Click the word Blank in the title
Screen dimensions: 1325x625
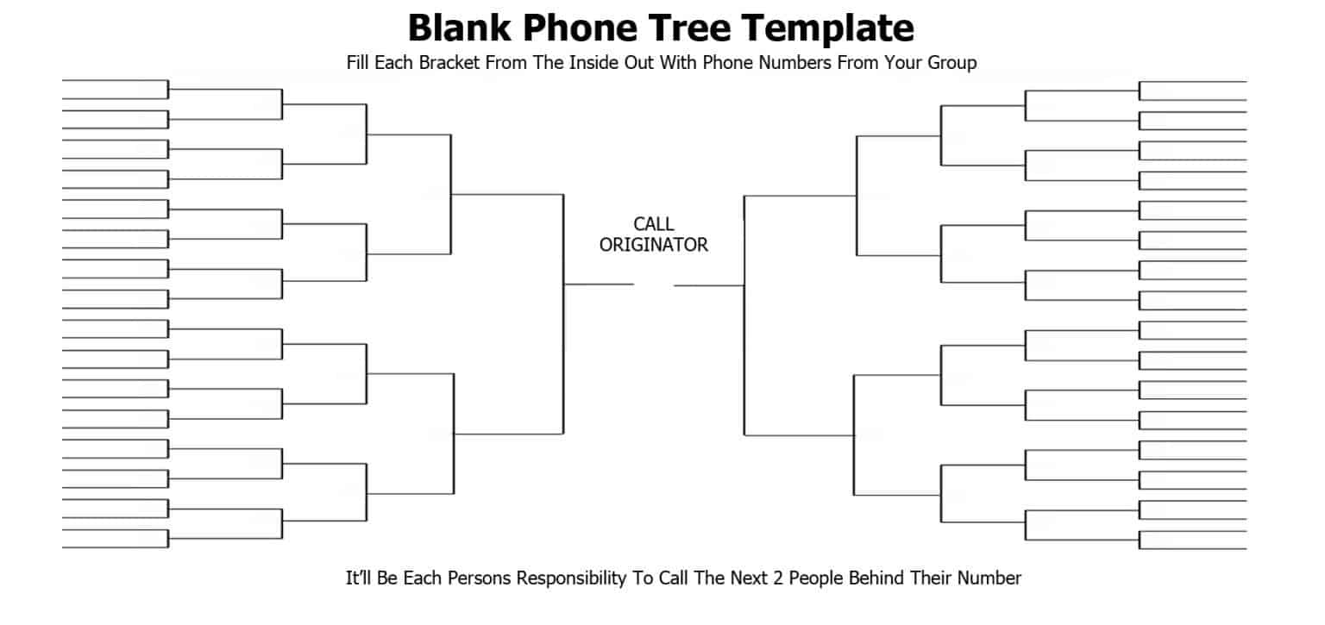pyautogui.click(x=459, y=28)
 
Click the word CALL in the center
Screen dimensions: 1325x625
pyautogui.click(x=654, y=224)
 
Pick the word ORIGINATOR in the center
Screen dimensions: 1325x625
pyautogui.click(x=654, y=245)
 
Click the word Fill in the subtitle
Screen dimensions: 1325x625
pyautogui.click(x=357, y=63)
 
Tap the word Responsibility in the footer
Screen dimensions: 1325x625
pyautogui.click(x=571, y=578)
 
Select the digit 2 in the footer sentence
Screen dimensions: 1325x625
pyautogui.click(x=778, y=578)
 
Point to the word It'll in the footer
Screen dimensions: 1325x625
pyautogui.click(x=358, y=578)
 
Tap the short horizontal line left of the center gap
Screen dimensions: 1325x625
pyautogui.click(x=599, y=284)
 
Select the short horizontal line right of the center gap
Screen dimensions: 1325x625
pyautogui.click(x=708, y=285)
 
